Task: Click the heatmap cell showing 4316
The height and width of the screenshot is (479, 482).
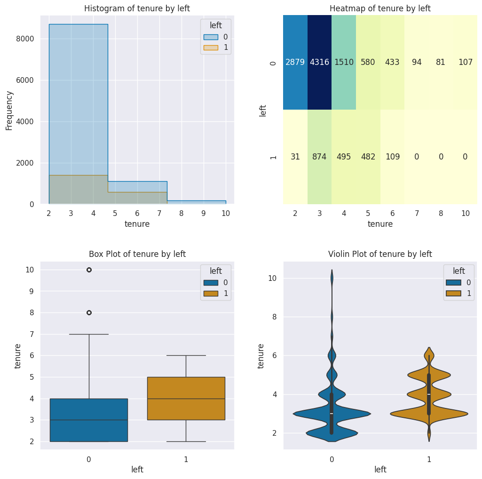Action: tap(320, 63)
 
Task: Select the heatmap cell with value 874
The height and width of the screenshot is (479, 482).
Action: tap(320, 157)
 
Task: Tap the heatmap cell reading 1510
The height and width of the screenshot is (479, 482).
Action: tap(344, 63)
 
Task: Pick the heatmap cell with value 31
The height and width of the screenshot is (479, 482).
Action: tap(295, 157)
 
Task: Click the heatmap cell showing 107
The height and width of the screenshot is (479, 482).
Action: tap(465, 63)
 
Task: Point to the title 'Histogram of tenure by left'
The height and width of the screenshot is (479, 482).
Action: tap(137, 8)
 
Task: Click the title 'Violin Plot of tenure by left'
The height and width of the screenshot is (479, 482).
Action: tap(380, 254)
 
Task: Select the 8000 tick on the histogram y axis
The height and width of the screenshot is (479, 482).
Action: tap(26, 39)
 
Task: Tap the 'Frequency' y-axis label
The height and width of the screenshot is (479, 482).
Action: tap(9, 110)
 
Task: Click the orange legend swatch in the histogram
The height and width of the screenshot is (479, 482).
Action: tap(211, 48)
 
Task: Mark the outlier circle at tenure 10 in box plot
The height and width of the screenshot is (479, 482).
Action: tap(89, 270)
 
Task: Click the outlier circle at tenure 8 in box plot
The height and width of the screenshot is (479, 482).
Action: tap(89, 312)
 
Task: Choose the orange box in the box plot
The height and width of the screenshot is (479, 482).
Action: tap(186, 398)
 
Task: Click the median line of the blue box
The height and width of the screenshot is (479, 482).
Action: tap(89, 420)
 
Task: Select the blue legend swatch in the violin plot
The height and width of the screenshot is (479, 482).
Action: tap(451, 283)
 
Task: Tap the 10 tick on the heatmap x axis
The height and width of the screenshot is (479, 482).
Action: tap(465, 213)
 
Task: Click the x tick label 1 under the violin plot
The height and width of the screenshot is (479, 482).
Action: tap(429, 459)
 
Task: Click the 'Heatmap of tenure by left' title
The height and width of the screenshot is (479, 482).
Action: tap(380, 8)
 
